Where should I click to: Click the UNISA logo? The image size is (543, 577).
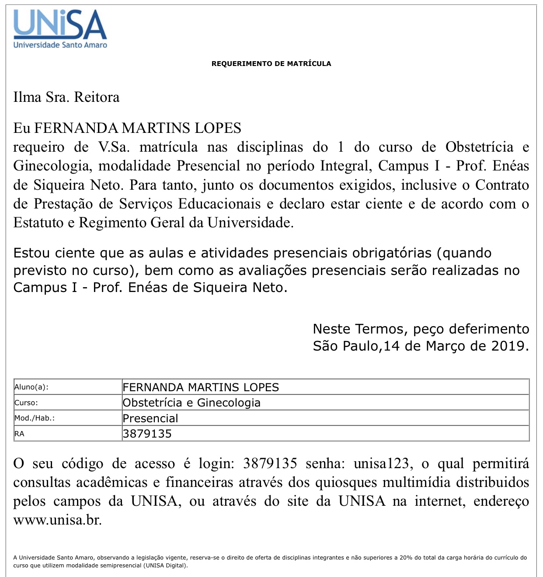[x=60, y=28]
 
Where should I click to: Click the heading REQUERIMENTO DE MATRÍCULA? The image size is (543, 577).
[x=271, y=64]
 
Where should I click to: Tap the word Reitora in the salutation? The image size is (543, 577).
[x=97, y=97]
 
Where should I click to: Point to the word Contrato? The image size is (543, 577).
[x=502, y=185]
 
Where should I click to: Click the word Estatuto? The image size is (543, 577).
[x=38, y=222]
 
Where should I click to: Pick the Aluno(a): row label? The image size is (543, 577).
[x=31, y=387]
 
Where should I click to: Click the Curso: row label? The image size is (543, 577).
[x=26, y=403]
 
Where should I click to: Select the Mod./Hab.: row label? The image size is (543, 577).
[x=35, y=418]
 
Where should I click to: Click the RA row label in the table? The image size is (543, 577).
[x=19, y=434]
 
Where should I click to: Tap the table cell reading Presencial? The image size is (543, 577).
[x=150, y=418]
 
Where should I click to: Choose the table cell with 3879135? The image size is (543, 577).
[x=147, y=434]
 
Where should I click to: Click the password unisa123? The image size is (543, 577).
[x=381, y=463]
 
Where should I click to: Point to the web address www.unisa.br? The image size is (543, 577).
[x=57, y=520]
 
